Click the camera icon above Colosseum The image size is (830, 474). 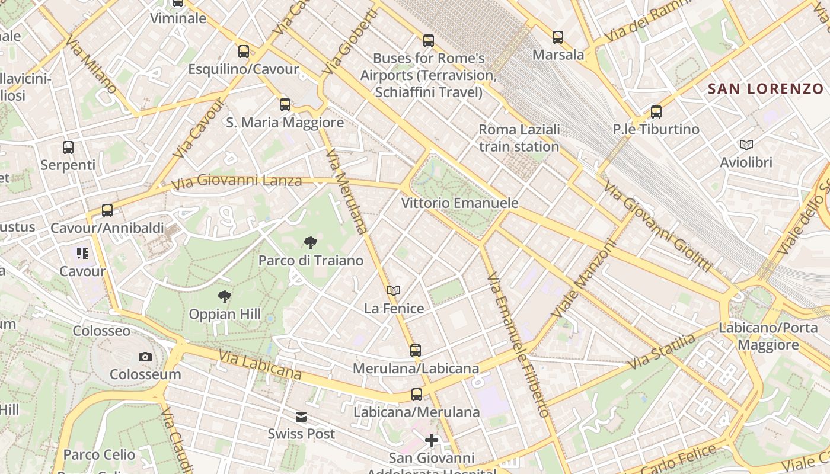pos(145,357)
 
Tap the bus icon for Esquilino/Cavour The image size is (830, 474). pos(244,52)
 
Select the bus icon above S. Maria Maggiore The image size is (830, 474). pos(285,105)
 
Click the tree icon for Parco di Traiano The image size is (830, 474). pos(310,242)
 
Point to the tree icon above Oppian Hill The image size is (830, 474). pos(224,296)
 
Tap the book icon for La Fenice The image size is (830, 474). pos(394,290)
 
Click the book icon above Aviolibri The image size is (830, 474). pos(746,145)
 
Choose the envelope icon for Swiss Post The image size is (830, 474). pos(301,417)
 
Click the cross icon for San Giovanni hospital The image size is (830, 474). pos(432,440)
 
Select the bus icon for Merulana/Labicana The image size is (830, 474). pos(416,351)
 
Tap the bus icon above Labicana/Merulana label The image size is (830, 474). pos(417,395)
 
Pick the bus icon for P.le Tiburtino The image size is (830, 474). pos(656,112)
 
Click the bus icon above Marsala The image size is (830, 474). pos(558,37)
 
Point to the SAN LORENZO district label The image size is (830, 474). pos(766,89)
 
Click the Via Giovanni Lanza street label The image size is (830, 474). pos(237,181)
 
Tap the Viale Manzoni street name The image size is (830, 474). pos(583,277)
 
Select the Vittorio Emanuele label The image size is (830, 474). pos(459,203)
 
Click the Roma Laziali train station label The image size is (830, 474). pos(519,137)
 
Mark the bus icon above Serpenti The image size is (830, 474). pos(68,148)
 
